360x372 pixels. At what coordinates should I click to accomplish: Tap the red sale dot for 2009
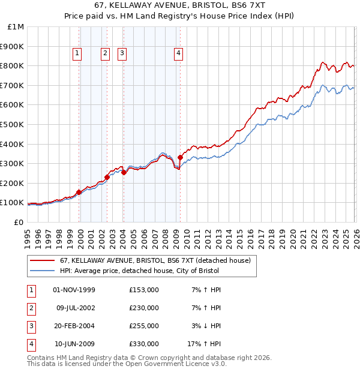click(180, 157)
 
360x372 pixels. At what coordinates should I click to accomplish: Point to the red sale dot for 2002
click(107, 177)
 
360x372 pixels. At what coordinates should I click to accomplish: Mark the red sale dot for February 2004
click(124, 172)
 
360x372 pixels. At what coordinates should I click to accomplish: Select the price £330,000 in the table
click(144, 344)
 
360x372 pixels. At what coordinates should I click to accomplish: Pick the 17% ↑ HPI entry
click(204, 344)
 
